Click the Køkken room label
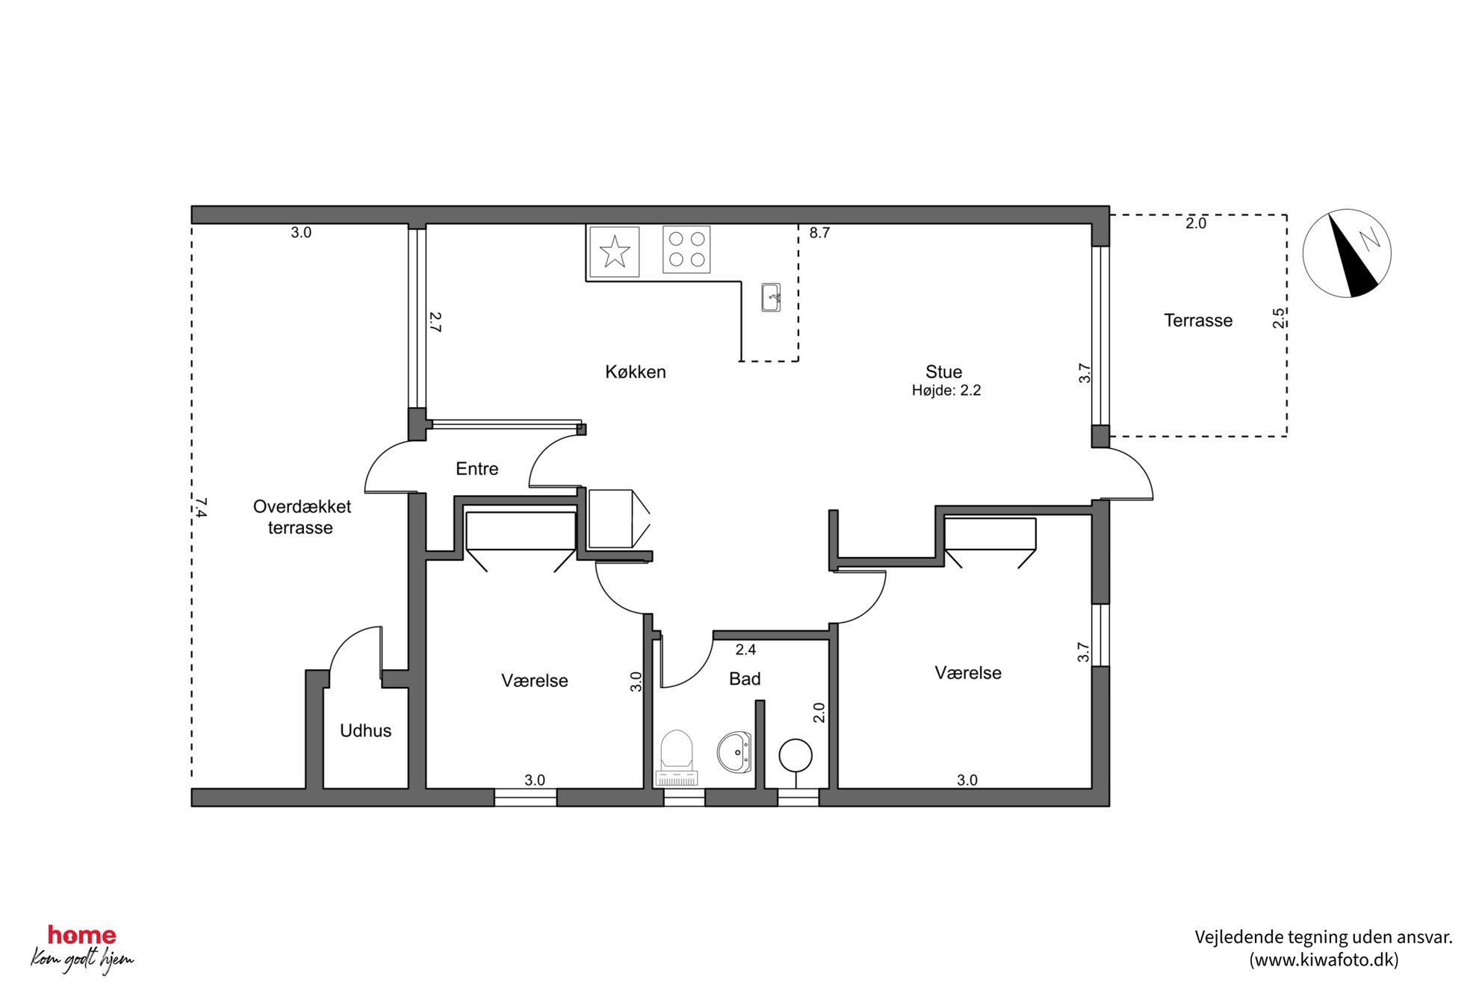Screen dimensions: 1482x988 click(x=635, y=372)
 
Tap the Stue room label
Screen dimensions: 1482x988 click(x=943, y=372)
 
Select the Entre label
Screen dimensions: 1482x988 click(x=477, y=469)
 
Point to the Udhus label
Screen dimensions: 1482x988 click(x=365, y=730)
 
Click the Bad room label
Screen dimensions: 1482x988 click(x=745, y=679)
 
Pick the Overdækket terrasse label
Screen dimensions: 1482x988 click(x=302, y=517)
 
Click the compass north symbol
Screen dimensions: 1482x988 click(x=1347, y=253)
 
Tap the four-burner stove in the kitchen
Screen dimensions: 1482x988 click(x=686, y=249)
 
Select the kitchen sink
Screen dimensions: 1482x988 click(x=771, y=297)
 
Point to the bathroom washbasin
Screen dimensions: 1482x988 click(x=734, y=752)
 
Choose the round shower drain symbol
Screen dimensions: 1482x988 click(x=796, y=756)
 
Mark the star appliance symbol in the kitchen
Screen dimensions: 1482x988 click(x=615, y=252)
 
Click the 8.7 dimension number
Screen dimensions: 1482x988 click(x=819, y=233)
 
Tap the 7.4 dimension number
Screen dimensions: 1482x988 click(x=200, y=508)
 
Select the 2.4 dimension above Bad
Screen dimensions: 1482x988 click(x=745, y=650)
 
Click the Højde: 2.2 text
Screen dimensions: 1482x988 click(x=946, y=391)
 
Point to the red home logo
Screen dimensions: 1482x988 click(x=82, y=935)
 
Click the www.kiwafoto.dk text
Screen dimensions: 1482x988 click(x=1324, y=960)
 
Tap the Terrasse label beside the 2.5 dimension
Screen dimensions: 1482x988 click(x=1198, y=320)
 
